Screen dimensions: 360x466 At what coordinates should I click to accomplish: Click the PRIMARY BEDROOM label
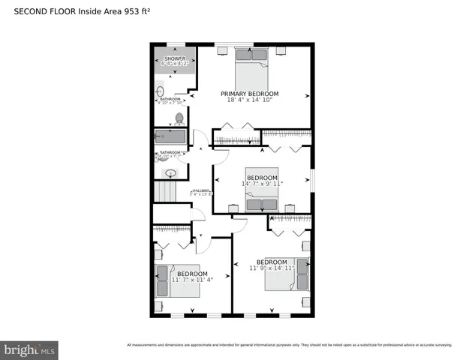point(249,94)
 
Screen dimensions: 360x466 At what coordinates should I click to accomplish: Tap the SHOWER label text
point(175,58)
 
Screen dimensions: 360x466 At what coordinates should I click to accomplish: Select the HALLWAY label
point(200,190)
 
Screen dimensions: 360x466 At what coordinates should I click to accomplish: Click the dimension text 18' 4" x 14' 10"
point(249,100)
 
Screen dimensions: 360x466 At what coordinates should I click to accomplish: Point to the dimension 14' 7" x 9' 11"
point(262,184)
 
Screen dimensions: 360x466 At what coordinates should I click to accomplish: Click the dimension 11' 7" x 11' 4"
point(192,280)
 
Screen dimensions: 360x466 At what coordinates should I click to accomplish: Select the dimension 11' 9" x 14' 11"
point(272,268)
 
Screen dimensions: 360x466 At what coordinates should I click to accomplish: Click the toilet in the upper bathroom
point(179,118)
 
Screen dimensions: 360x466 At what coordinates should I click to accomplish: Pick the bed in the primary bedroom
point(251,67)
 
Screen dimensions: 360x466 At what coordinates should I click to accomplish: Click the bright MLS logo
point(30,349)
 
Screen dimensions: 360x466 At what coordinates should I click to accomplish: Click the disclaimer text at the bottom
point(289,345)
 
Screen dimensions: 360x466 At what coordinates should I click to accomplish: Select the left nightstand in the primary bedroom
point(224,51)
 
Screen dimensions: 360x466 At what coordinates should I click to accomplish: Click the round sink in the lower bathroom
point(170,173)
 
